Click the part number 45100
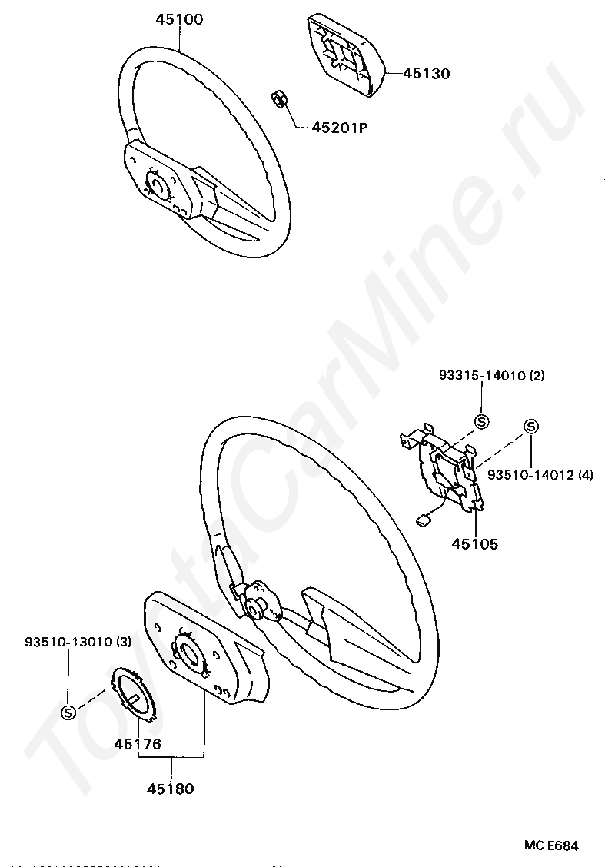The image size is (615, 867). coord(179,19)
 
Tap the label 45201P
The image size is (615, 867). coord(339,128)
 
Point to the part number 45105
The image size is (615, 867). coord(474,543)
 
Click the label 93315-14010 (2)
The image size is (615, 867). coord(491,376)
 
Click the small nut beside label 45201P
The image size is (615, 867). coord(279,99)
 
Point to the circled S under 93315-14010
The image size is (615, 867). coord(481,421)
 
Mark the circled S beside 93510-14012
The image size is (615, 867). coord(531,427)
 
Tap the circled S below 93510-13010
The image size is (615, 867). coord(68,711)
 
